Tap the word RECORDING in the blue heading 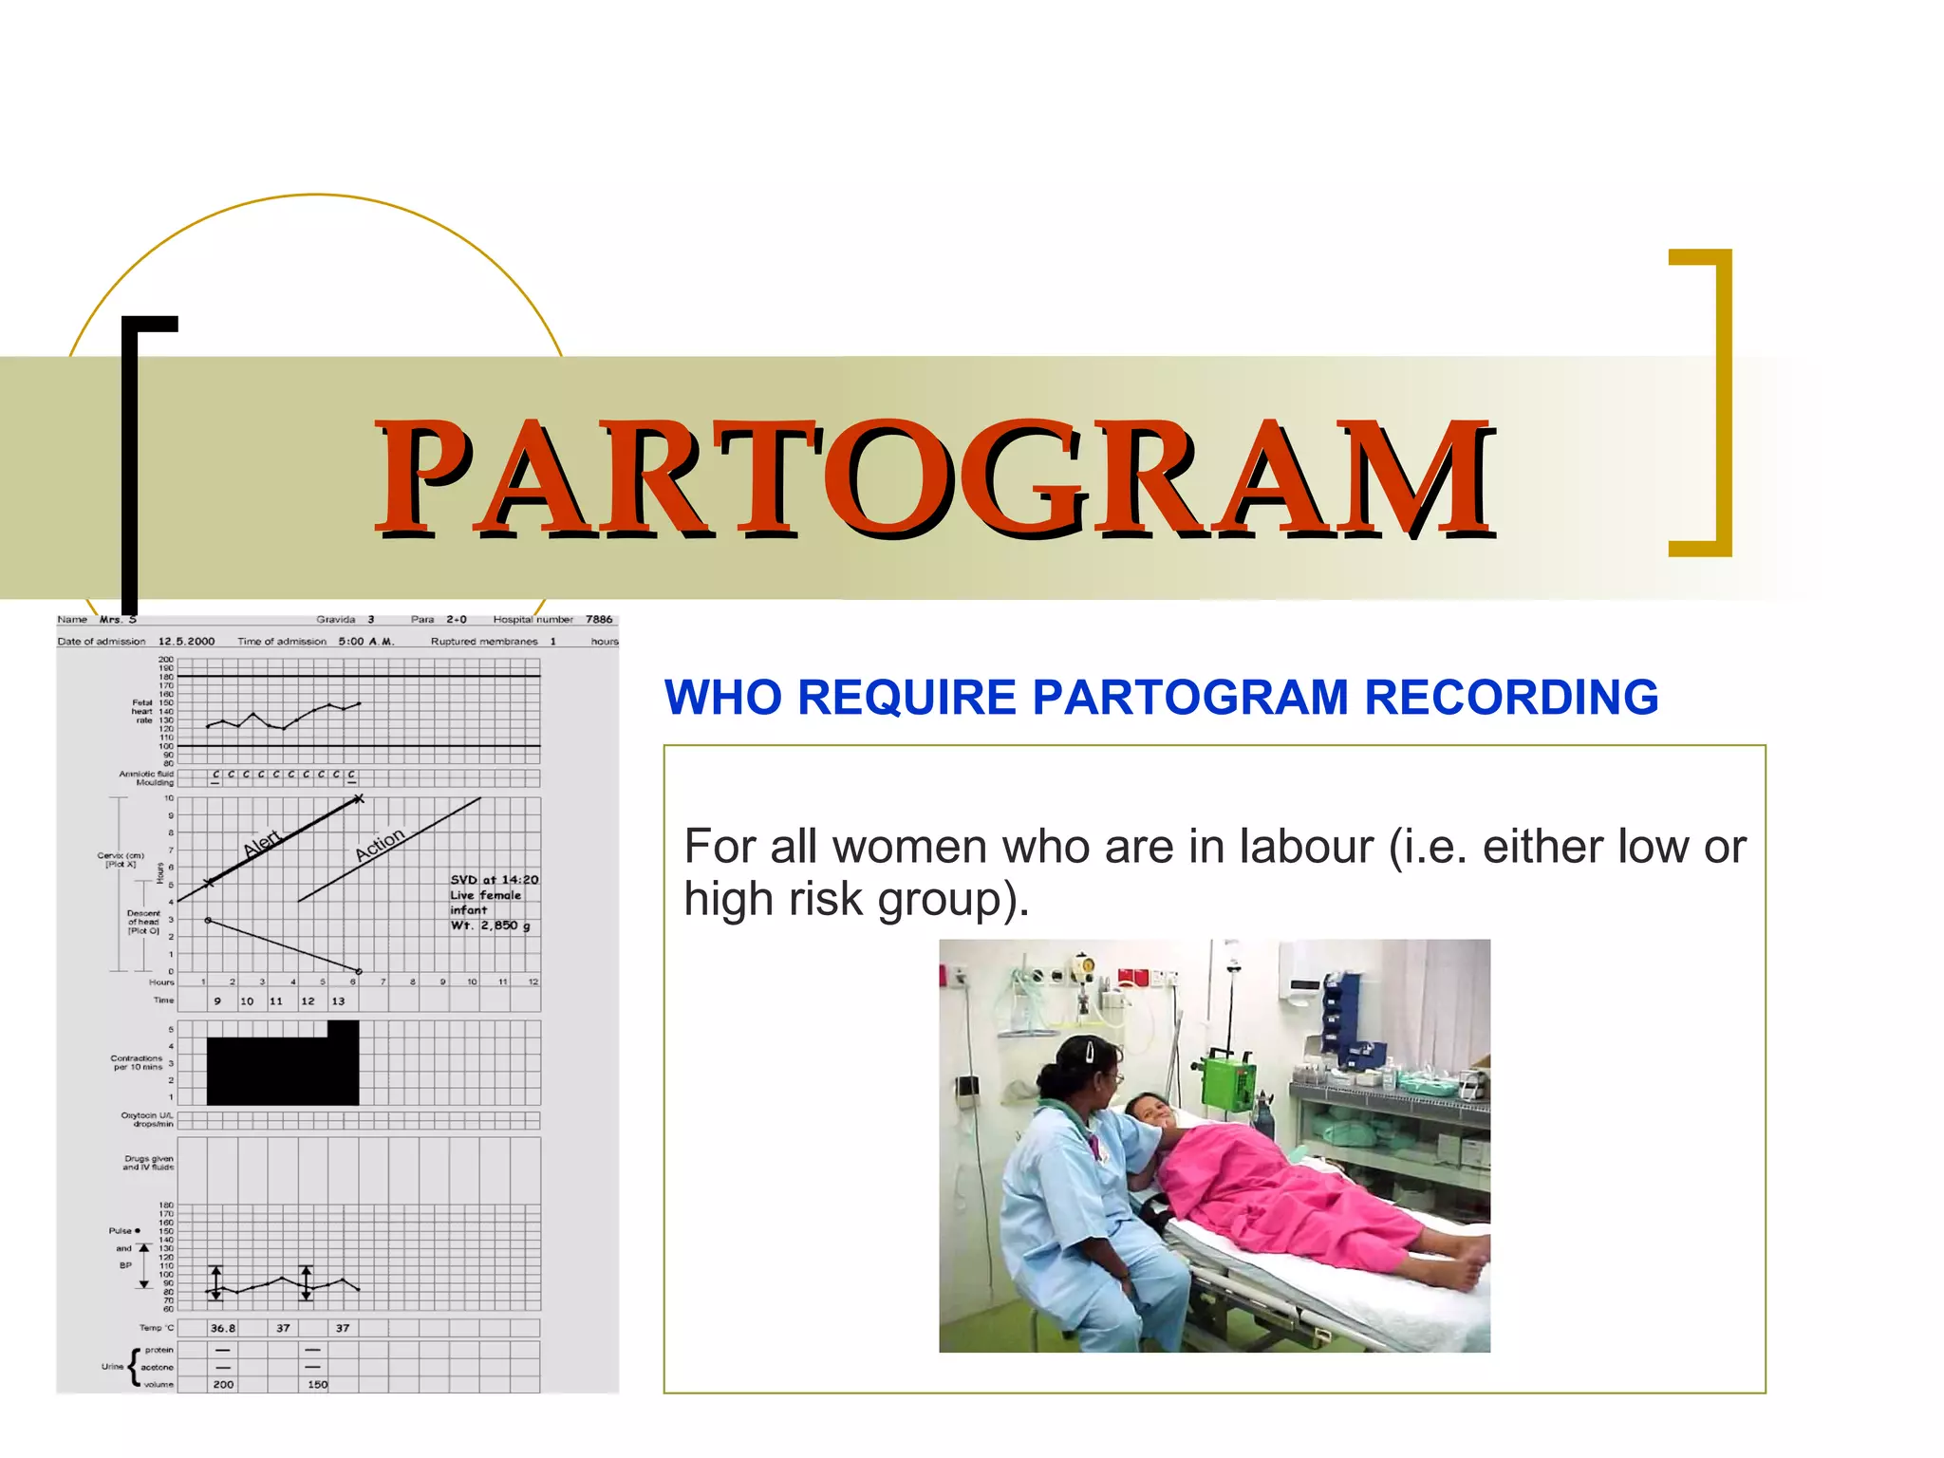(x=1511, y=698)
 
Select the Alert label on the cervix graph (x=262, y=843)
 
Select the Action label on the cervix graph (x=380, y=844)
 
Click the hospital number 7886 (x=599, y=619)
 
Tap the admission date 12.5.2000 (x=186, y=642)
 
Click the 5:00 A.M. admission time (x=365, y=642)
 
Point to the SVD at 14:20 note (x=494, y=880)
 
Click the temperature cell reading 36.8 (x=223, y=1328)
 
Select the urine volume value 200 (x=223, y=1384)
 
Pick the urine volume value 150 (x=317, y=1384)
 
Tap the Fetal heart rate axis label (x=141, y=711)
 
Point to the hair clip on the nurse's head (x=1091, y=1050)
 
